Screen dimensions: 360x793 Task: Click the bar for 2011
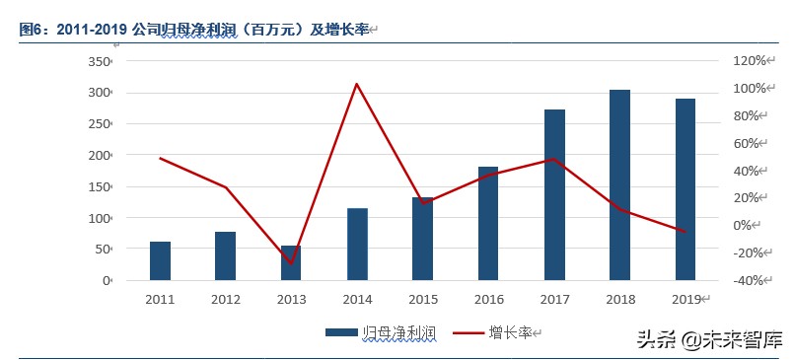click(x=160, y=261)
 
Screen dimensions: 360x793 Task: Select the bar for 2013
click(x=291, y=263)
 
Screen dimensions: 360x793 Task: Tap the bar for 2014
click(x=357, y=245)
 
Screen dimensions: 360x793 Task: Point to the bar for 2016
click(x=488, y=224)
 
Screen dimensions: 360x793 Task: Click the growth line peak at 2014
click(x=357, y=84)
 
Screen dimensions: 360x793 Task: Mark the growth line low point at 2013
click(x=291, y=263)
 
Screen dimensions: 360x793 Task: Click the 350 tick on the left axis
click(x=100, y=61)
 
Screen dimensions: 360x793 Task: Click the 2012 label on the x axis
click(x=225, y=300)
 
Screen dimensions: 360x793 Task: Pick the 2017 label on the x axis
click(x=553, y=300)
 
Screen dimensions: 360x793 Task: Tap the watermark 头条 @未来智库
click(x=708, y=340)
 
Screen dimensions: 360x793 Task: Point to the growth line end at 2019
click(x=685, y=232)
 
